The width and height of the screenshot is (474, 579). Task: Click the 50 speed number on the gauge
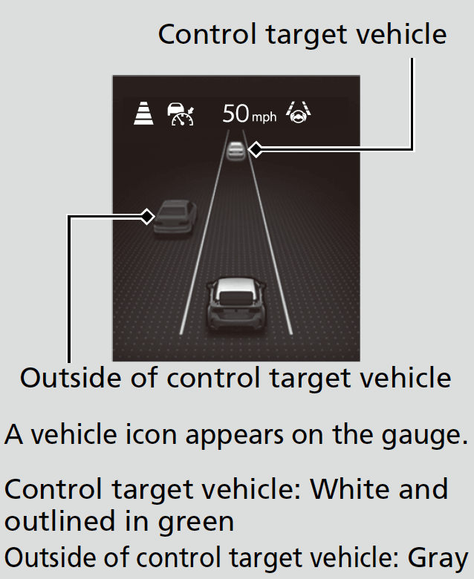(236, 114)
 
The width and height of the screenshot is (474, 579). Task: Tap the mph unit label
(264, 117)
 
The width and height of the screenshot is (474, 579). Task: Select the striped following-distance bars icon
(143, 114)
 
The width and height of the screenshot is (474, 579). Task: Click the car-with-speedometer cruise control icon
(181, 114)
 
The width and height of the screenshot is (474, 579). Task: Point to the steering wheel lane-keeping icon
(298, 112)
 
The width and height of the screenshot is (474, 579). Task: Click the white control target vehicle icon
(236, 151)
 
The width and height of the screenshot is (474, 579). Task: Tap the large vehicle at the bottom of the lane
(236, 304)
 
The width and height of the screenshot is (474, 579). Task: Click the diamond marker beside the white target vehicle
(256, 149)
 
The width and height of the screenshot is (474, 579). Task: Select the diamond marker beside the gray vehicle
(148, 217)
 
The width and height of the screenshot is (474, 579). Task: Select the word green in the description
(196, 523)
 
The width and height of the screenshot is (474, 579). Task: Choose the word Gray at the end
(438, 558)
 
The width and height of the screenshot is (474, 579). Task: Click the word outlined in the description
(59, 521)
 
